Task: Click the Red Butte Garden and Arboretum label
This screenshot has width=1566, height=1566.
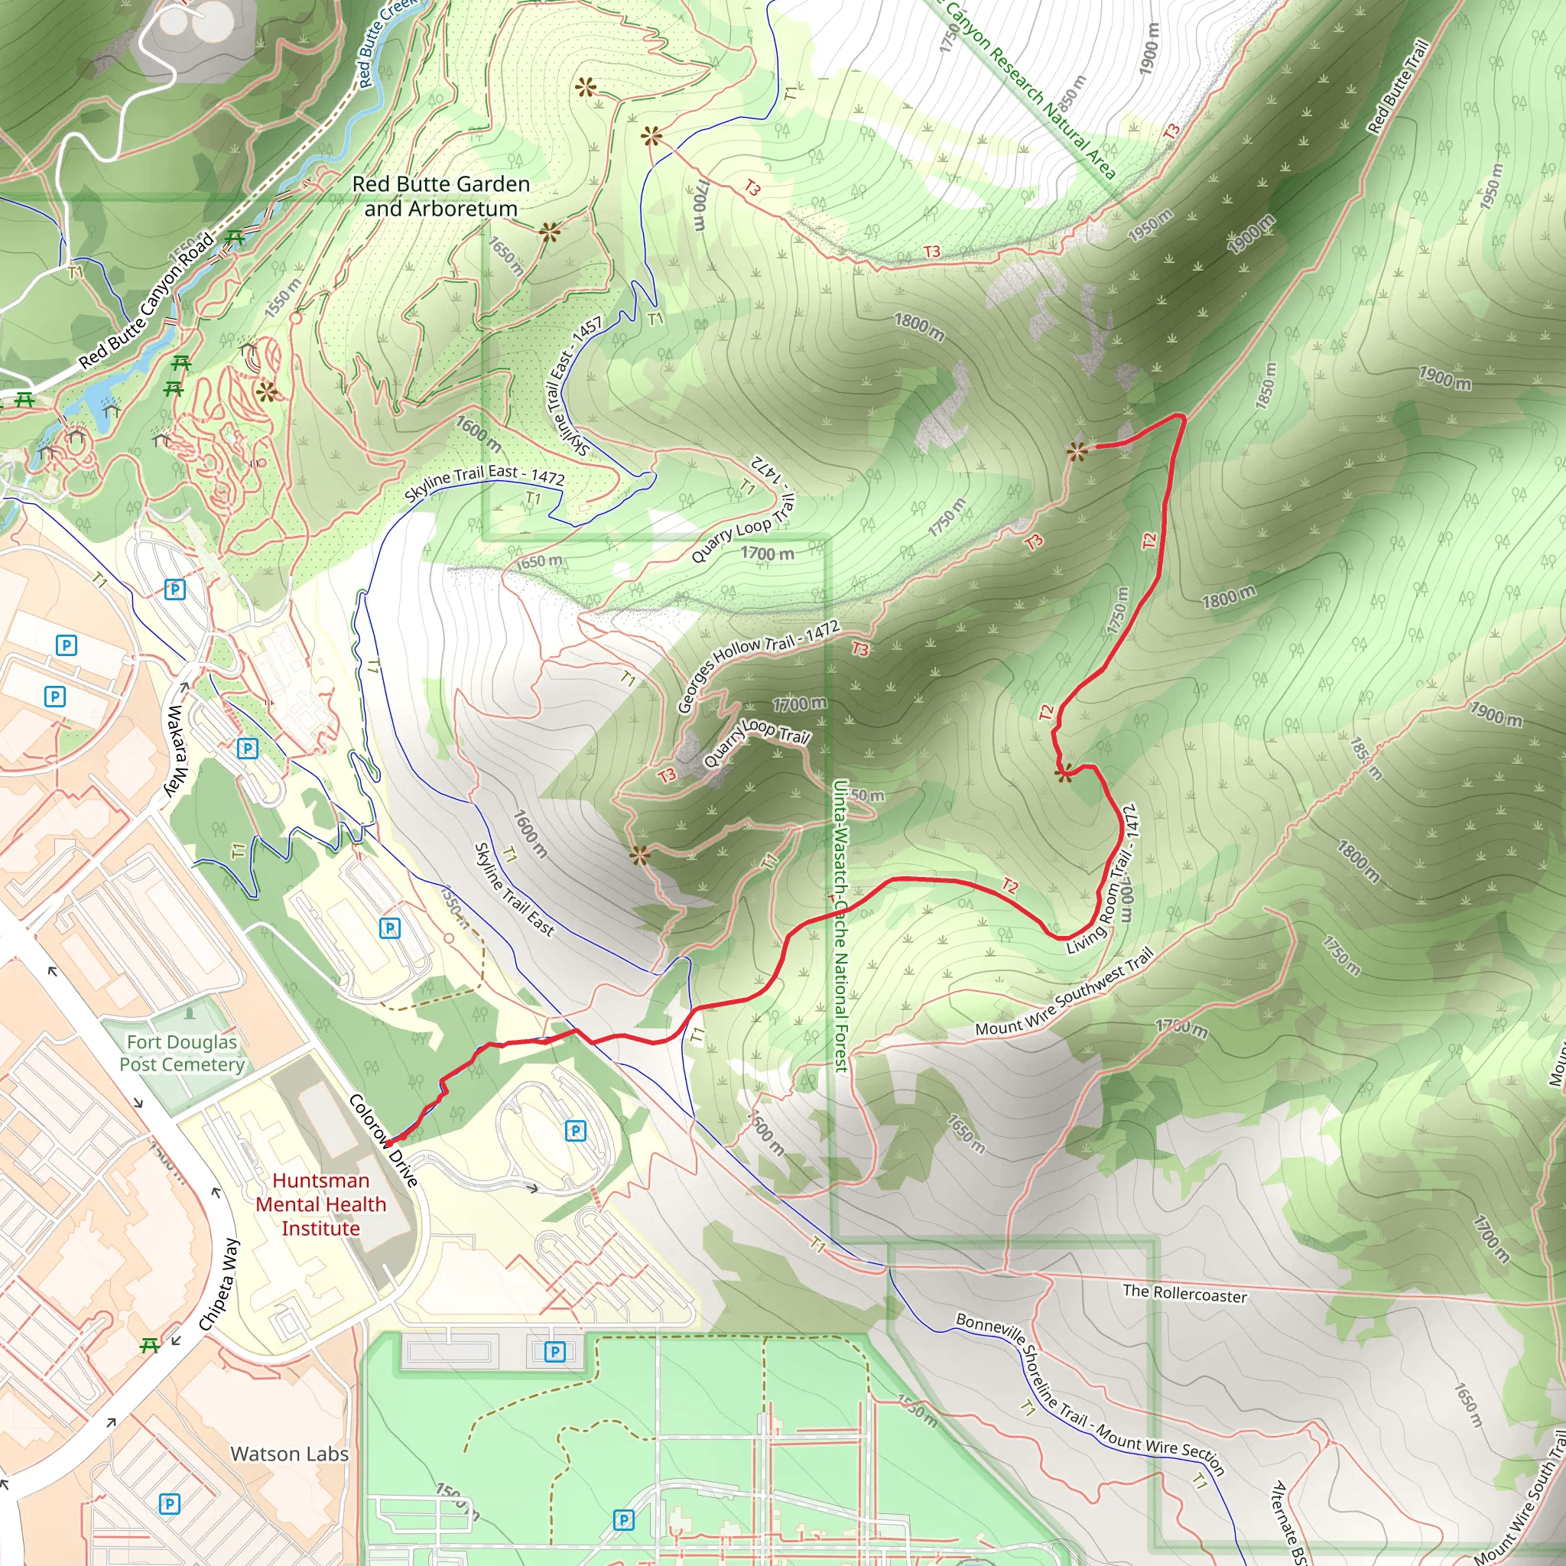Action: (x=441, y=197)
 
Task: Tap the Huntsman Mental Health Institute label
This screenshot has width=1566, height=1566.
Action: (x=321, y=1204)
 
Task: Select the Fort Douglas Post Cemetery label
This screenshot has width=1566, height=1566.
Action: (x=183, y=1053)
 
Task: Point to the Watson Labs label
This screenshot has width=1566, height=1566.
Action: (x=289, y=1454)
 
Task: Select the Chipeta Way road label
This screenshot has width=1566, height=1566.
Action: (x=219, y=1284)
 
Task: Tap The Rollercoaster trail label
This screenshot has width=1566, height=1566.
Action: (x=1184, y=1294)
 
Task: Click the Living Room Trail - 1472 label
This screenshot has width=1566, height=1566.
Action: (x=1103, y=879)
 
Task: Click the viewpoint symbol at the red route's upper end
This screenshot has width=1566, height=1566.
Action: (x=1077, y=451)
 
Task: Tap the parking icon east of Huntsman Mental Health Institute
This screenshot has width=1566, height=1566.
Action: (x=576, y=1130)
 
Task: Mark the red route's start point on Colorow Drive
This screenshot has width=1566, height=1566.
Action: (x=388, y=1143)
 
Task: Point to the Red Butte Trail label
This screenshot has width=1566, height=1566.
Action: (x=1398, y=86)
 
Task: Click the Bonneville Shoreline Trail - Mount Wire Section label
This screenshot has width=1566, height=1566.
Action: (x=1090, y=1392)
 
